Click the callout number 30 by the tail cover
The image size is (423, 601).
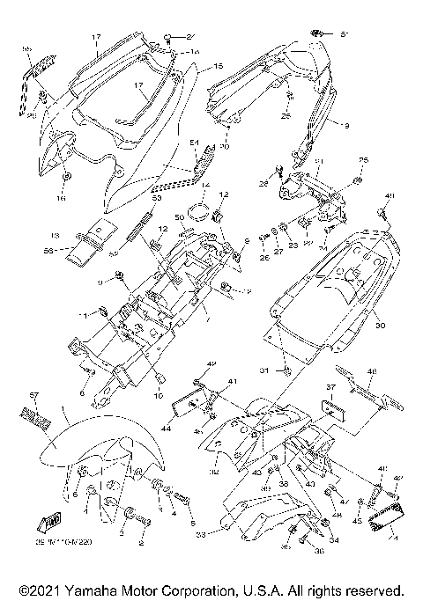click(x=381, y=326)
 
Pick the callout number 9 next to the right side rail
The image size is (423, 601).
click(x=346, y=127)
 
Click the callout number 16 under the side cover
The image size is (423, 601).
click(x=62, y=200)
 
